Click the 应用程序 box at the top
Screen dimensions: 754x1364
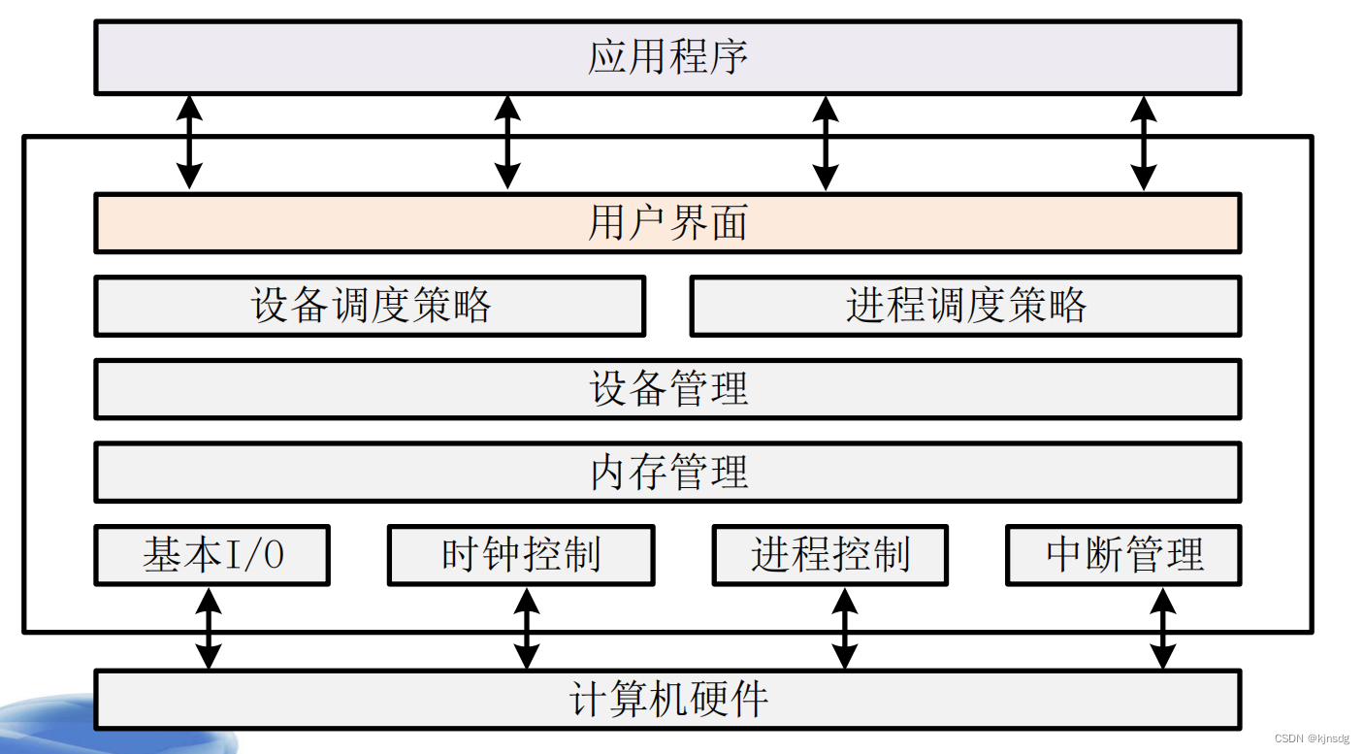pyautogui.click(x=667, y=57)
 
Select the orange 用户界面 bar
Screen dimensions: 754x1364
pyautogui.click(x=667, y=223)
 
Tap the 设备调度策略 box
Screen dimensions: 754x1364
pyautogui.click(x=370, y=306)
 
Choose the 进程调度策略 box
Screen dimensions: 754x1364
pyautogui.click(x=965, y=306)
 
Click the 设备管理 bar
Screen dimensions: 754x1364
pyautogui.click(x=667, y=389)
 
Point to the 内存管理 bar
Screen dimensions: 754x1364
pyautogui.click(x=667, y=473)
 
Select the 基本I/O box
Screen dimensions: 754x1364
pyautogui.click(x=211, y=555)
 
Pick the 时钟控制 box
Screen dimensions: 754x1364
pyautogui.click(x=521, y=555)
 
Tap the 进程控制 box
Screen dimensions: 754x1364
pyautogui.click(x=829, y=555)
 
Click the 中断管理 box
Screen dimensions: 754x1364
pyautogui.click(x=1123, y=555)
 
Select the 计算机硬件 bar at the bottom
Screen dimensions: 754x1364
pyautogui.click(x=667, y=699)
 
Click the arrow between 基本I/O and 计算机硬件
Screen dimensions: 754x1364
pyautogui.click(x=209, y=628)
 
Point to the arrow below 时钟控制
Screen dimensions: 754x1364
pyautogui.click(x=526, y=628)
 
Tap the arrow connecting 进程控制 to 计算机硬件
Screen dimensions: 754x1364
pyautogui.click(x=845, y=628)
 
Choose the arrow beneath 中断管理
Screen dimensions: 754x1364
pyautogui.click(x=1162, y=628)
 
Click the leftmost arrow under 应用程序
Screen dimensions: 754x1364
pyautogui.click(x=189, y=142)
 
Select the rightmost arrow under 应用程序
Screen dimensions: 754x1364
pyautogui.click(x=1144, y=142)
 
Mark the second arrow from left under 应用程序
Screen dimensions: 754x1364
pyautogui.click(x=507, y=142)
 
